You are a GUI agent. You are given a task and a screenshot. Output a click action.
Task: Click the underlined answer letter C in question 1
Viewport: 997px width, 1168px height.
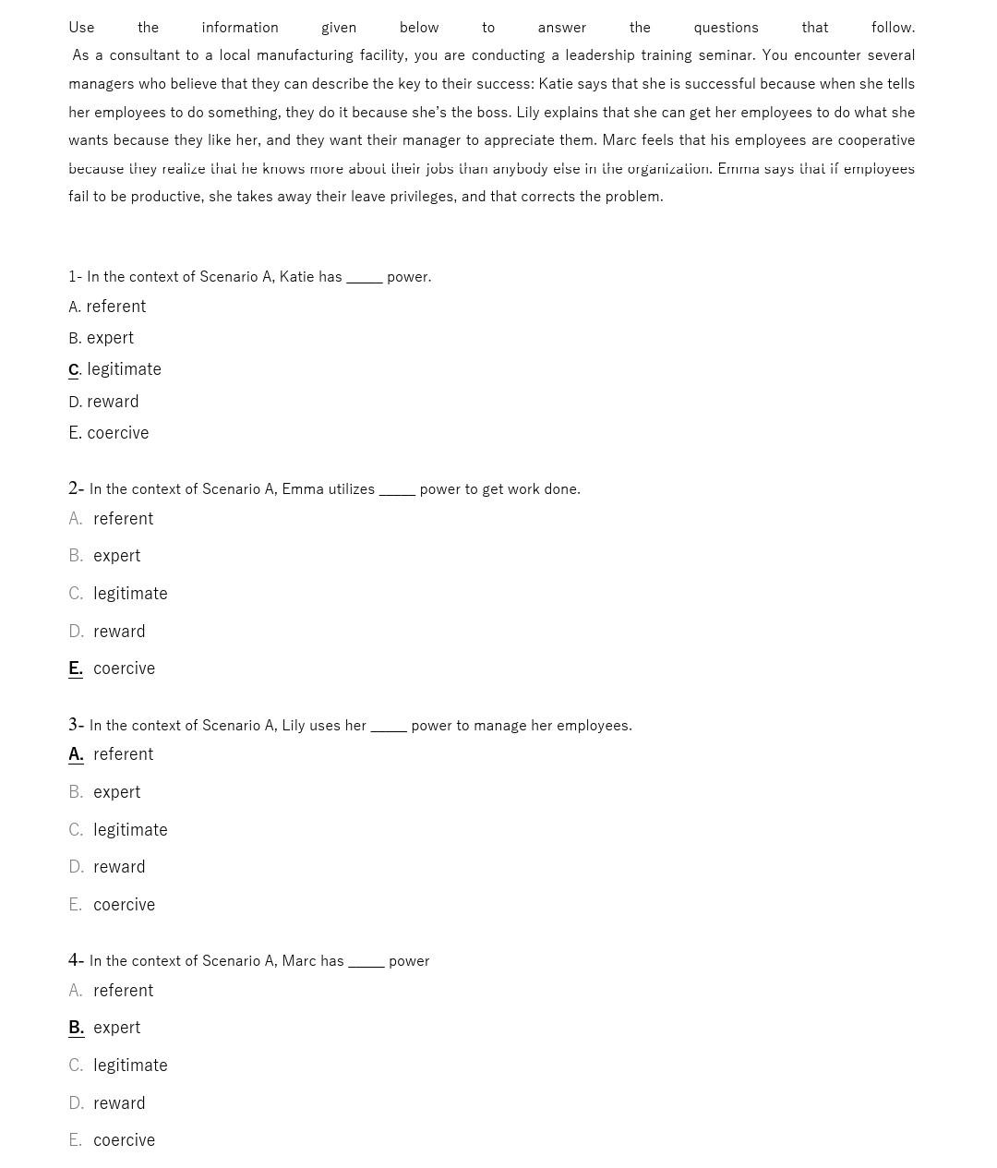[x=74, y=369]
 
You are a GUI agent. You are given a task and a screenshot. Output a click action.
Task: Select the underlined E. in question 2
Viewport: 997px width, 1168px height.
[x=76, y=668]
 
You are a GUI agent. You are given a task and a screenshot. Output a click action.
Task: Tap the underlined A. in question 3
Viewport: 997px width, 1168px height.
[x=76, y=754]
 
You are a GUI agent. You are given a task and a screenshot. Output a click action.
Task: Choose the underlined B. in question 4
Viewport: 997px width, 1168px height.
[x=76, y=1028]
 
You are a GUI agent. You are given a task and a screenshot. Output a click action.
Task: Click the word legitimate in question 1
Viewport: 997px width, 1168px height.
[x=124, y=369]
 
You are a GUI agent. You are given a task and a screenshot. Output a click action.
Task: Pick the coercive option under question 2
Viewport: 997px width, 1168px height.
[x=124, y=668]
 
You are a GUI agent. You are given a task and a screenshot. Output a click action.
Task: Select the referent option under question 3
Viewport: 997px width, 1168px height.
[x=123, y=754]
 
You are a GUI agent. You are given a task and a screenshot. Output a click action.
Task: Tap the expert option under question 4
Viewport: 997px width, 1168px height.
[x=116, y=1028]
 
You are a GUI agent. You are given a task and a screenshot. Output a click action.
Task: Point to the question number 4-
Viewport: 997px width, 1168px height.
[x=76, y=960]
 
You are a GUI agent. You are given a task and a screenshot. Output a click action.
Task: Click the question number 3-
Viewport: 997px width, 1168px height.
[x=76, y=725]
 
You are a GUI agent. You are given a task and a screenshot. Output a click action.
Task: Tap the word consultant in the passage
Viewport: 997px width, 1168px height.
[x=144, y=55]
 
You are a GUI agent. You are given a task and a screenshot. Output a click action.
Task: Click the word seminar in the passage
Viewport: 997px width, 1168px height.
[x=725, y=55]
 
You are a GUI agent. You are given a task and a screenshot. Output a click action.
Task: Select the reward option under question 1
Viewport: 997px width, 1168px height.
[x=113, y=402]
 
